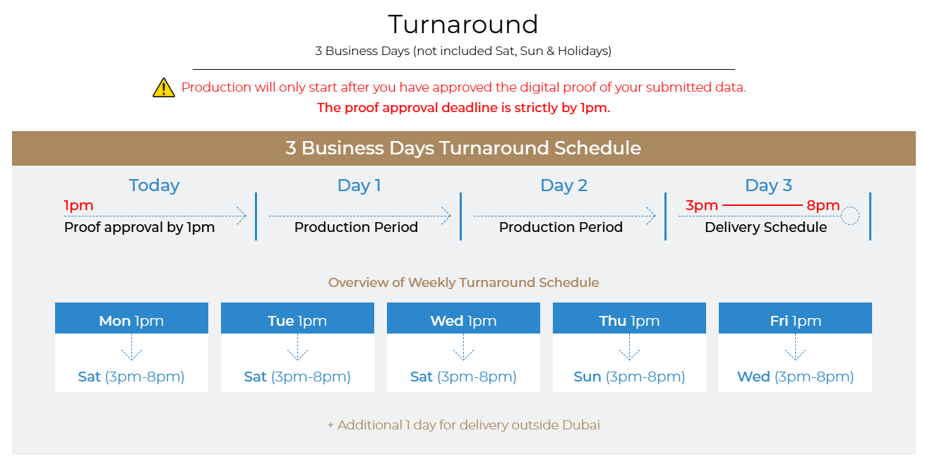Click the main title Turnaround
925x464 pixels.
(x=463, y=25)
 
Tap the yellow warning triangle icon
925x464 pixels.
(x=164, y=87)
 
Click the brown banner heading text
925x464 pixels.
(x=463, y=148)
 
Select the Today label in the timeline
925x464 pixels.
(x=154, y=185)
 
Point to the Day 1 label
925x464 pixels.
(x=359, y=185)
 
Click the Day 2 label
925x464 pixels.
(x=563, y=185)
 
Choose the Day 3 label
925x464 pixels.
(x=768, y=185)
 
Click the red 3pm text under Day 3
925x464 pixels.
(x=702, y=205)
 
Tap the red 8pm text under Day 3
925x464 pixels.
(x=823, y=205)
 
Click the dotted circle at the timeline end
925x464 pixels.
(x=850, y=207)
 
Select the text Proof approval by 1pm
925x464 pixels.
(x=139, y=227)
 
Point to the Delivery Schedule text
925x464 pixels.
(x=765, y=227)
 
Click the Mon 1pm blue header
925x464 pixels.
(x=131, y=318)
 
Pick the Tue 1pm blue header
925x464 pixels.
(x=297, y=318)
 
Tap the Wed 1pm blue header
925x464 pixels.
(x=463, y=318)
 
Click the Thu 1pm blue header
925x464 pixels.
(x=629, y=318)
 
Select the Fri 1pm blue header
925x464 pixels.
(x=795, y=318)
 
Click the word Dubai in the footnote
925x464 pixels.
(x=580, y=425)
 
